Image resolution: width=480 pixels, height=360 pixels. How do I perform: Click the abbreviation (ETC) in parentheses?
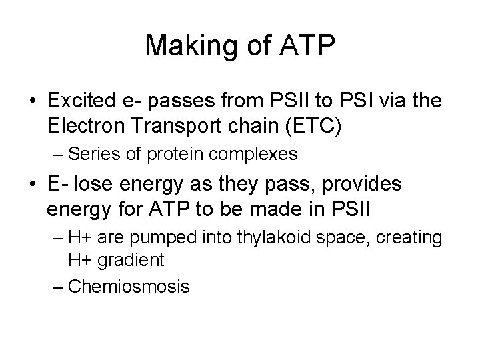pyautogui.click(x=321, y=125)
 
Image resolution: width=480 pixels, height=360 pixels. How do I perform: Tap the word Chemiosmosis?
pyautogui.click(x=129, y=287)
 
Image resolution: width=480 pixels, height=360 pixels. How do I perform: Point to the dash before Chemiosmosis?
pyautogui.click(x=57, y=287)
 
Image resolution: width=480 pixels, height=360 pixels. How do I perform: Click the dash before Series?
pyautogui.click(x=57, y=154)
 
